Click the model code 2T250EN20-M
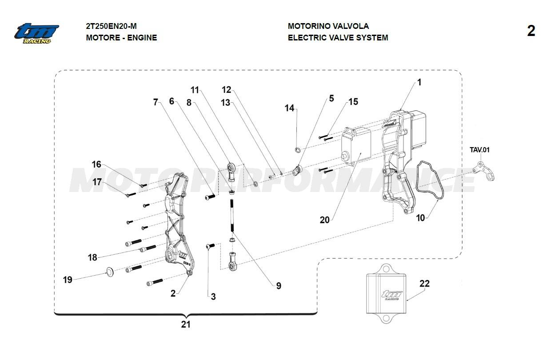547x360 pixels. pos(111,26)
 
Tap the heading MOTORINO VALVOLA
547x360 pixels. pos(328,26)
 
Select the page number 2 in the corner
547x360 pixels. pos(531,31)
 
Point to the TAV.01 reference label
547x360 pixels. pos(479,150)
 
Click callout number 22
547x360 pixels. pos(424,284)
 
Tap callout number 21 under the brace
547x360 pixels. pos(186,324)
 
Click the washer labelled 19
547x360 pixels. pos(110,272)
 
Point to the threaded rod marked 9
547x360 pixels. pos(232,215)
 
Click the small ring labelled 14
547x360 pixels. pos(298,150)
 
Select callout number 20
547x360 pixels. pos(324,220)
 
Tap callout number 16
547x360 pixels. pos(96,164)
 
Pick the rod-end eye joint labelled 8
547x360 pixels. pos(232,172)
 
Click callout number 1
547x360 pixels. pos(419,82)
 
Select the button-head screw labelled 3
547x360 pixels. pos(210,246)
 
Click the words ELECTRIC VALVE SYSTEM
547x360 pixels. pos(338,38)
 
